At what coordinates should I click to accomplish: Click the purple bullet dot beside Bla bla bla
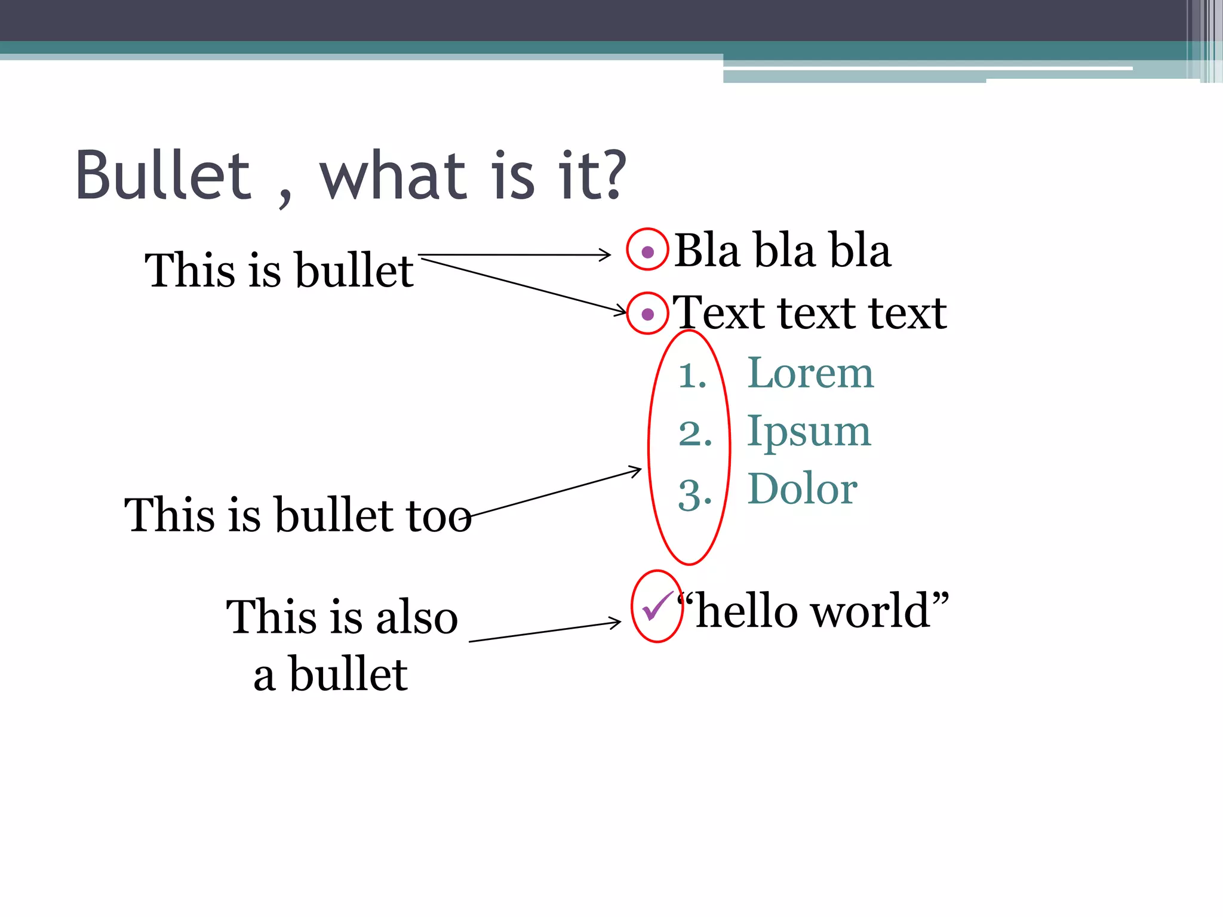pyautogui.click(x=647, y=251)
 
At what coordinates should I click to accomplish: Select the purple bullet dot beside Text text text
pyautogui.click(x=647, y=314)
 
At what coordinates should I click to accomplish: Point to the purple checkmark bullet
pyautogui.click(x=656, y=606)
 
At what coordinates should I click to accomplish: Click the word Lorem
pyautogui.click(x=810, y=373)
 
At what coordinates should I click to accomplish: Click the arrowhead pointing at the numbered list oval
pyautogui.click(x=637, y=471)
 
